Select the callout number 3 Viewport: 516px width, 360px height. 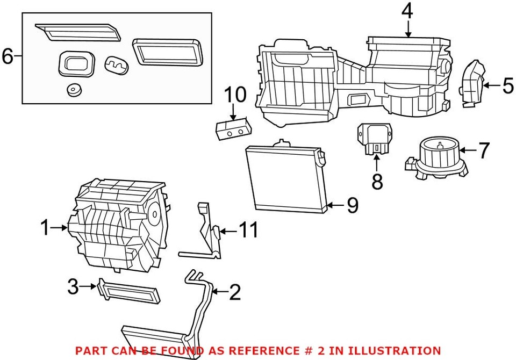point(74,287)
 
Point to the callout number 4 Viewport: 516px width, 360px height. point(407,10)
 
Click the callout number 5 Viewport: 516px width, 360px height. point(507,85)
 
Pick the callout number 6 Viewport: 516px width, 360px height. point(8,56)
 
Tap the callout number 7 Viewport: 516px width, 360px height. point(484,151)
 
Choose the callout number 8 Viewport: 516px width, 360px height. point(377,181)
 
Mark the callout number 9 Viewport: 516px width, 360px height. point(352,205)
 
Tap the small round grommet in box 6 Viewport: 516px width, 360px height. point(73,89)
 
